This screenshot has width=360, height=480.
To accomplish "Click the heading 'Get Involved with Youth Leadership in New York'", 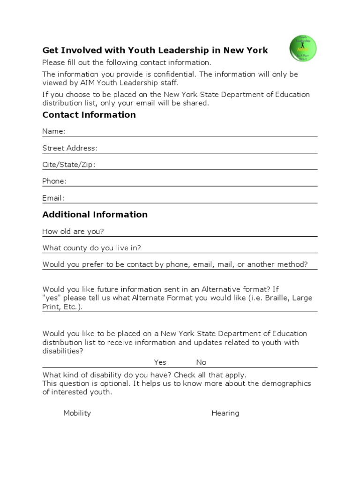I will [155, 50].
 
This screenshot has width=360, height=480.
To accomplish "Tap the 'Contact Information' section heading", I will [89, 115].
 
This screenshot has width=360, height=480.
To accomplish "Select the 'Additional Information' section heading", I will [95, 215].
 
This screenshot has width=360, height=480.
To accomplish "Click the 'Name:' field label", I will [54, 131].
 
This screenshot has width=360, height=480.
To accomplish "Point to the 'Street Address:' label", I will [70, 148].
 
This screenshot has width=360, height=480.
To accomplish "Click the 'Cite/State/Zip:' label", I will [68, 165].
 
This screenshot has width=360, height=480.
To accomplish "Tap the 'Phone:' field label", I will [54, 181].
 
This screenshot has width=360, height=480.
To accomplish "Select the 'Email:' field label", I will [53, 198].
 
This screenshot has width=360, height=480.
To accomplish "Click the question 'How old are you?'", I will [73, 232].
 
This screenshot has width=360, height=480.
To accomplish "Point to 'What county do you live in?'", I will [91, 248].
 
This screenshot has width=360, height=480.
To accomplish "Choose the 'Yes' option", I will [160, 362].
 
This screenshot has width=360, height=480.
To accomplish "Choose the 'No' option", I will [201, 362].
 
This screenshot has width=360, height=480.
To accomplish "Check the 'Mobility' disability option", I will [77, 413].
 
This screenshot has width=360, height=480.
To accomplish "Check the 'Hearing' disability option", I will [225, 413].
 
